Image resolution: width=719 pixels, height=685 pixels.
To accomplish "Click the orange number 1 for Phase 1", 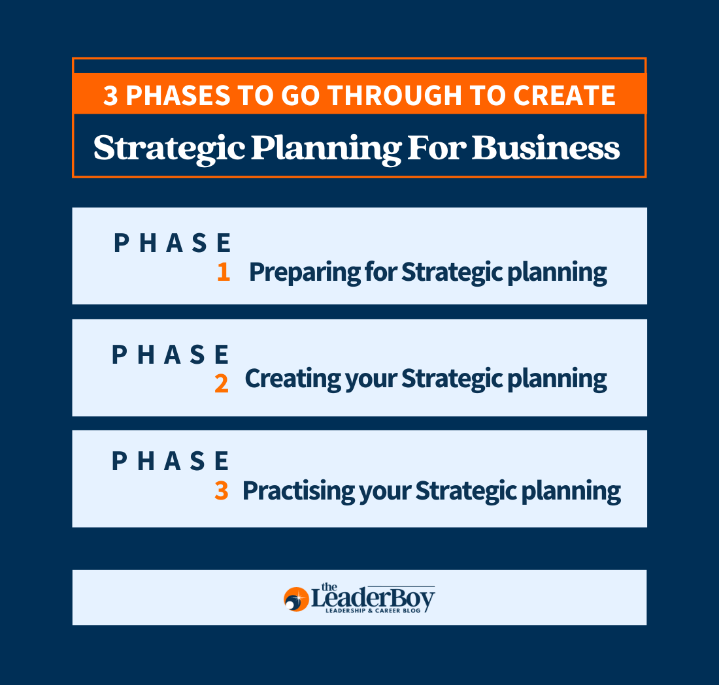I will (224, 272).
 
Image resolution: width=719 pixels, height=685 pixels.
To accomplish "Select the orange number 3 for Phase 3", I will (222, 491).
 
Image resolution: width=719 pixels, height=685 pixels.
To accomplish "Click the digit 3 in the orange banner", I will (111, 96).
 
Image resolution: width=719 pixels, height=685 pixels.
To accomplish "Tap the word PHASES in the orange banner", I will (178, 96).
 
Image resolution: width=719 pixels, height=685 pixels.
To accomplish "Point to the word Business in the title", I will (546, 148).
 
